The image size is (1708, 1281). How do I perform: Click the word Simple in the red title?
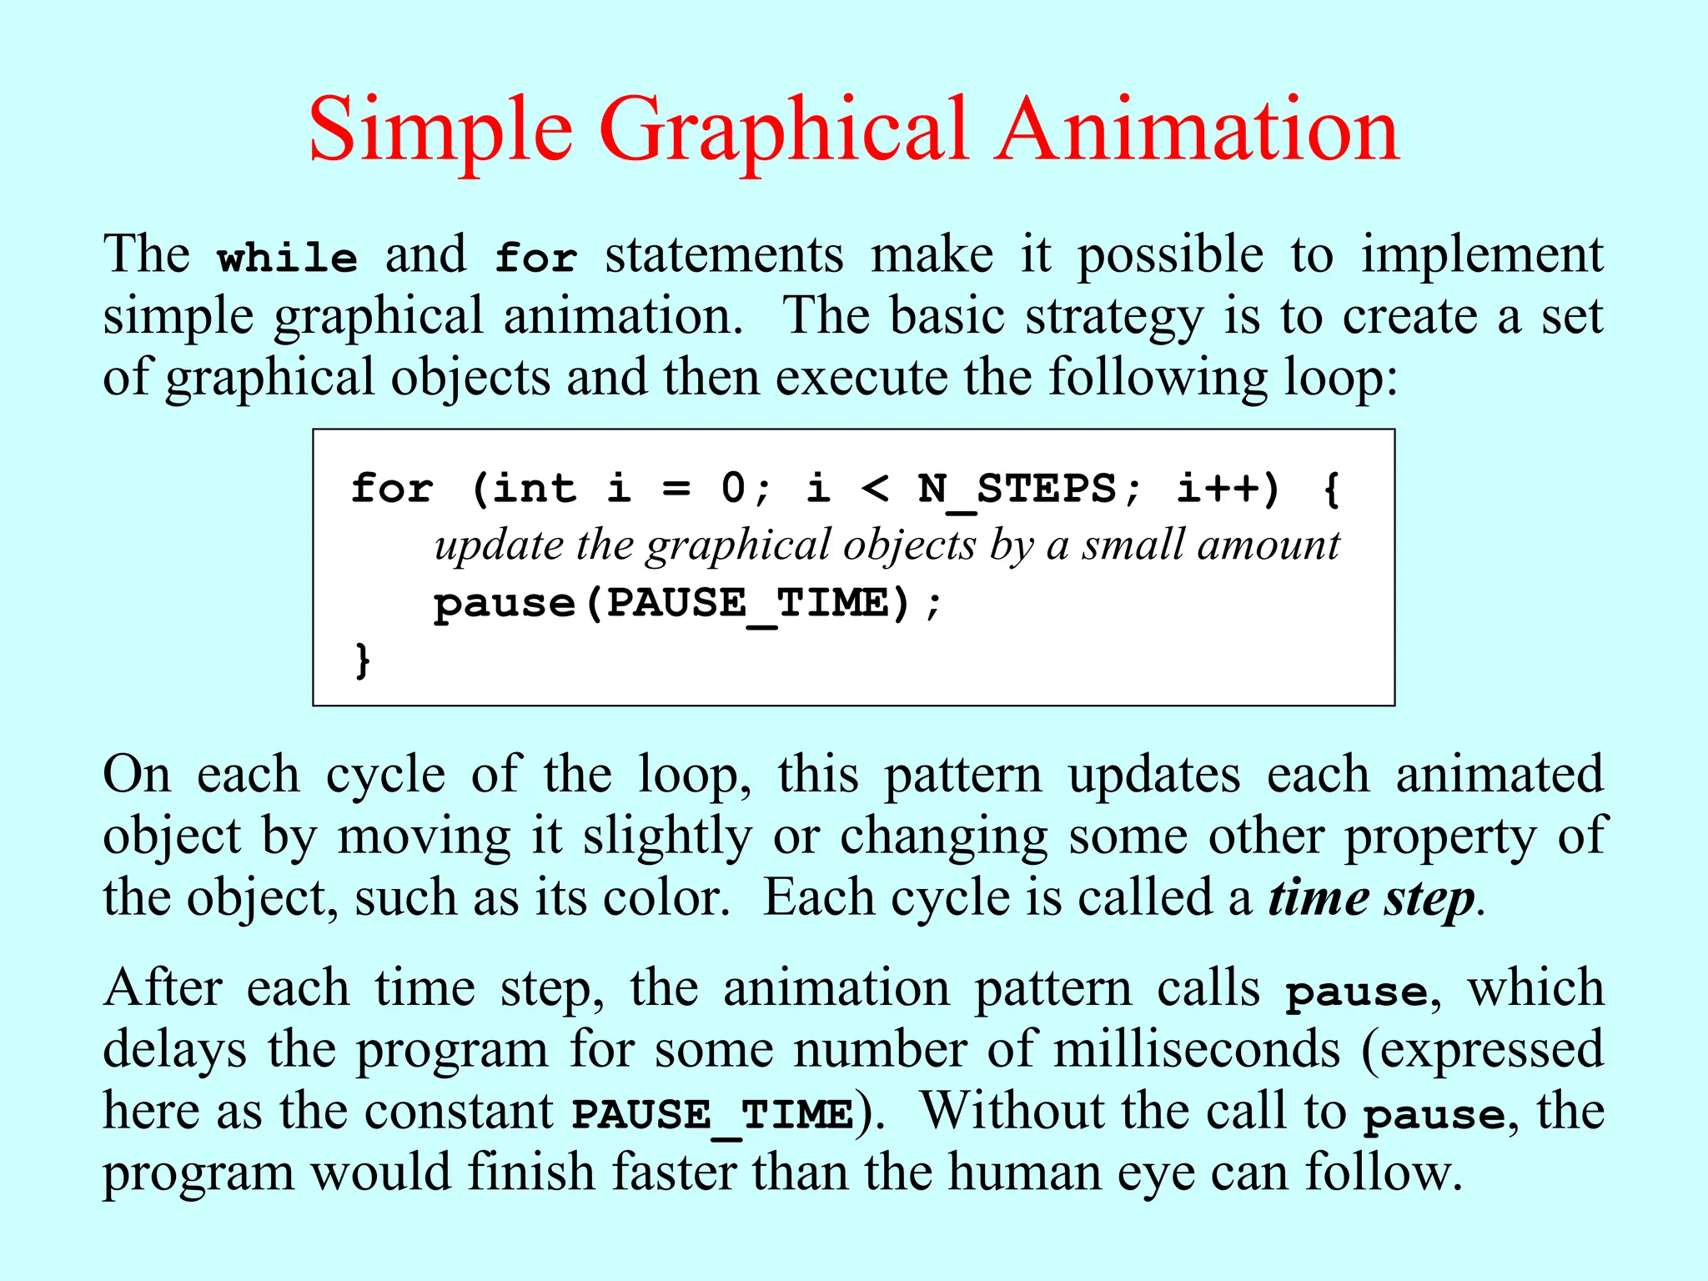tap(440, 132)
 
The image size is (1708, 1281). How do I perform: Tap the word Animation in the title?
tap(1198, 130)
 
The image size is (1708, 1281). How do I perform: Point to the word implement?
tap(1482, 256)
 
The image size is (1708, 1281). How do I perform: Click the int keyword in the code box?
tap(535, 488)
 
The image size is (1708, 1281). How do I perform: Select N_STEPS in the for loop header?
tap(1017, 490)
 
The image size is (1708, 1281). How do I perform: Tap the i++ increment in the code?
tap(1218, 490)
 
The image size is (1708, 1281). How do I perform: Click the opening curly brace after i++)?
tap(1332, 490)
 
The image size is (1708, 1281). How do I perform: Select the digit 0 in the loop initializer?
tap(733, 488)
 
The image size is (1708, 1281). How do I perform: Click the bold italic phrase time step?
tap(1371, 900)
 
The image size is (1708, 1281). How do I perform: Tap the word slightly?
tap(667, 837)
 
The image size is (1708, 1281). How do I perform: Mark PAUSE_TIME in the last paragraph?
tap(713, 1115)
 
